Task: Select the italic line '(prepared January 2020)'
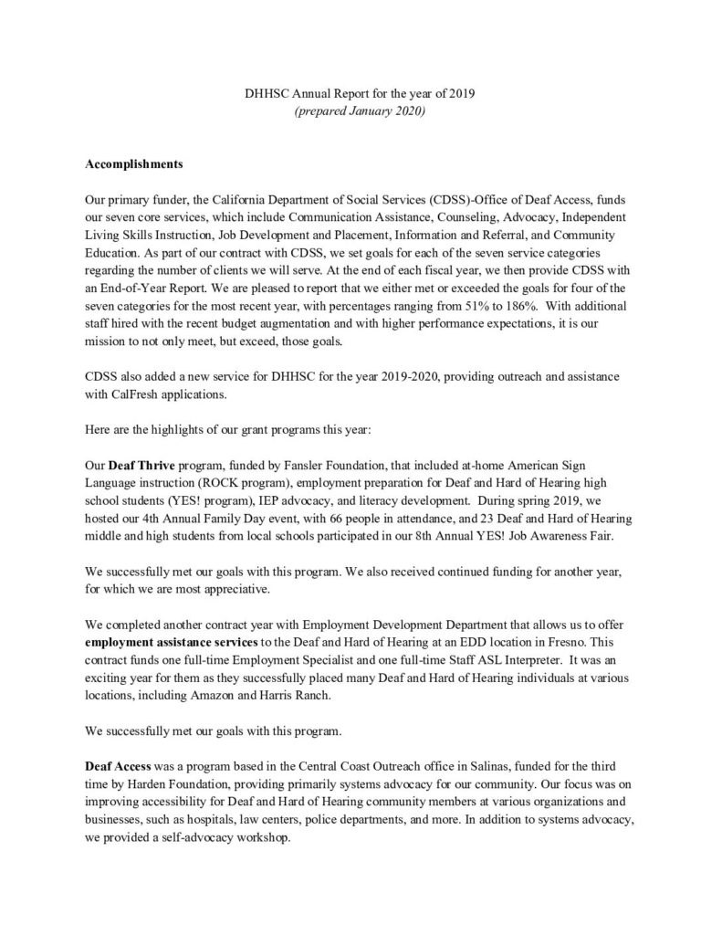(361, 110)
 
